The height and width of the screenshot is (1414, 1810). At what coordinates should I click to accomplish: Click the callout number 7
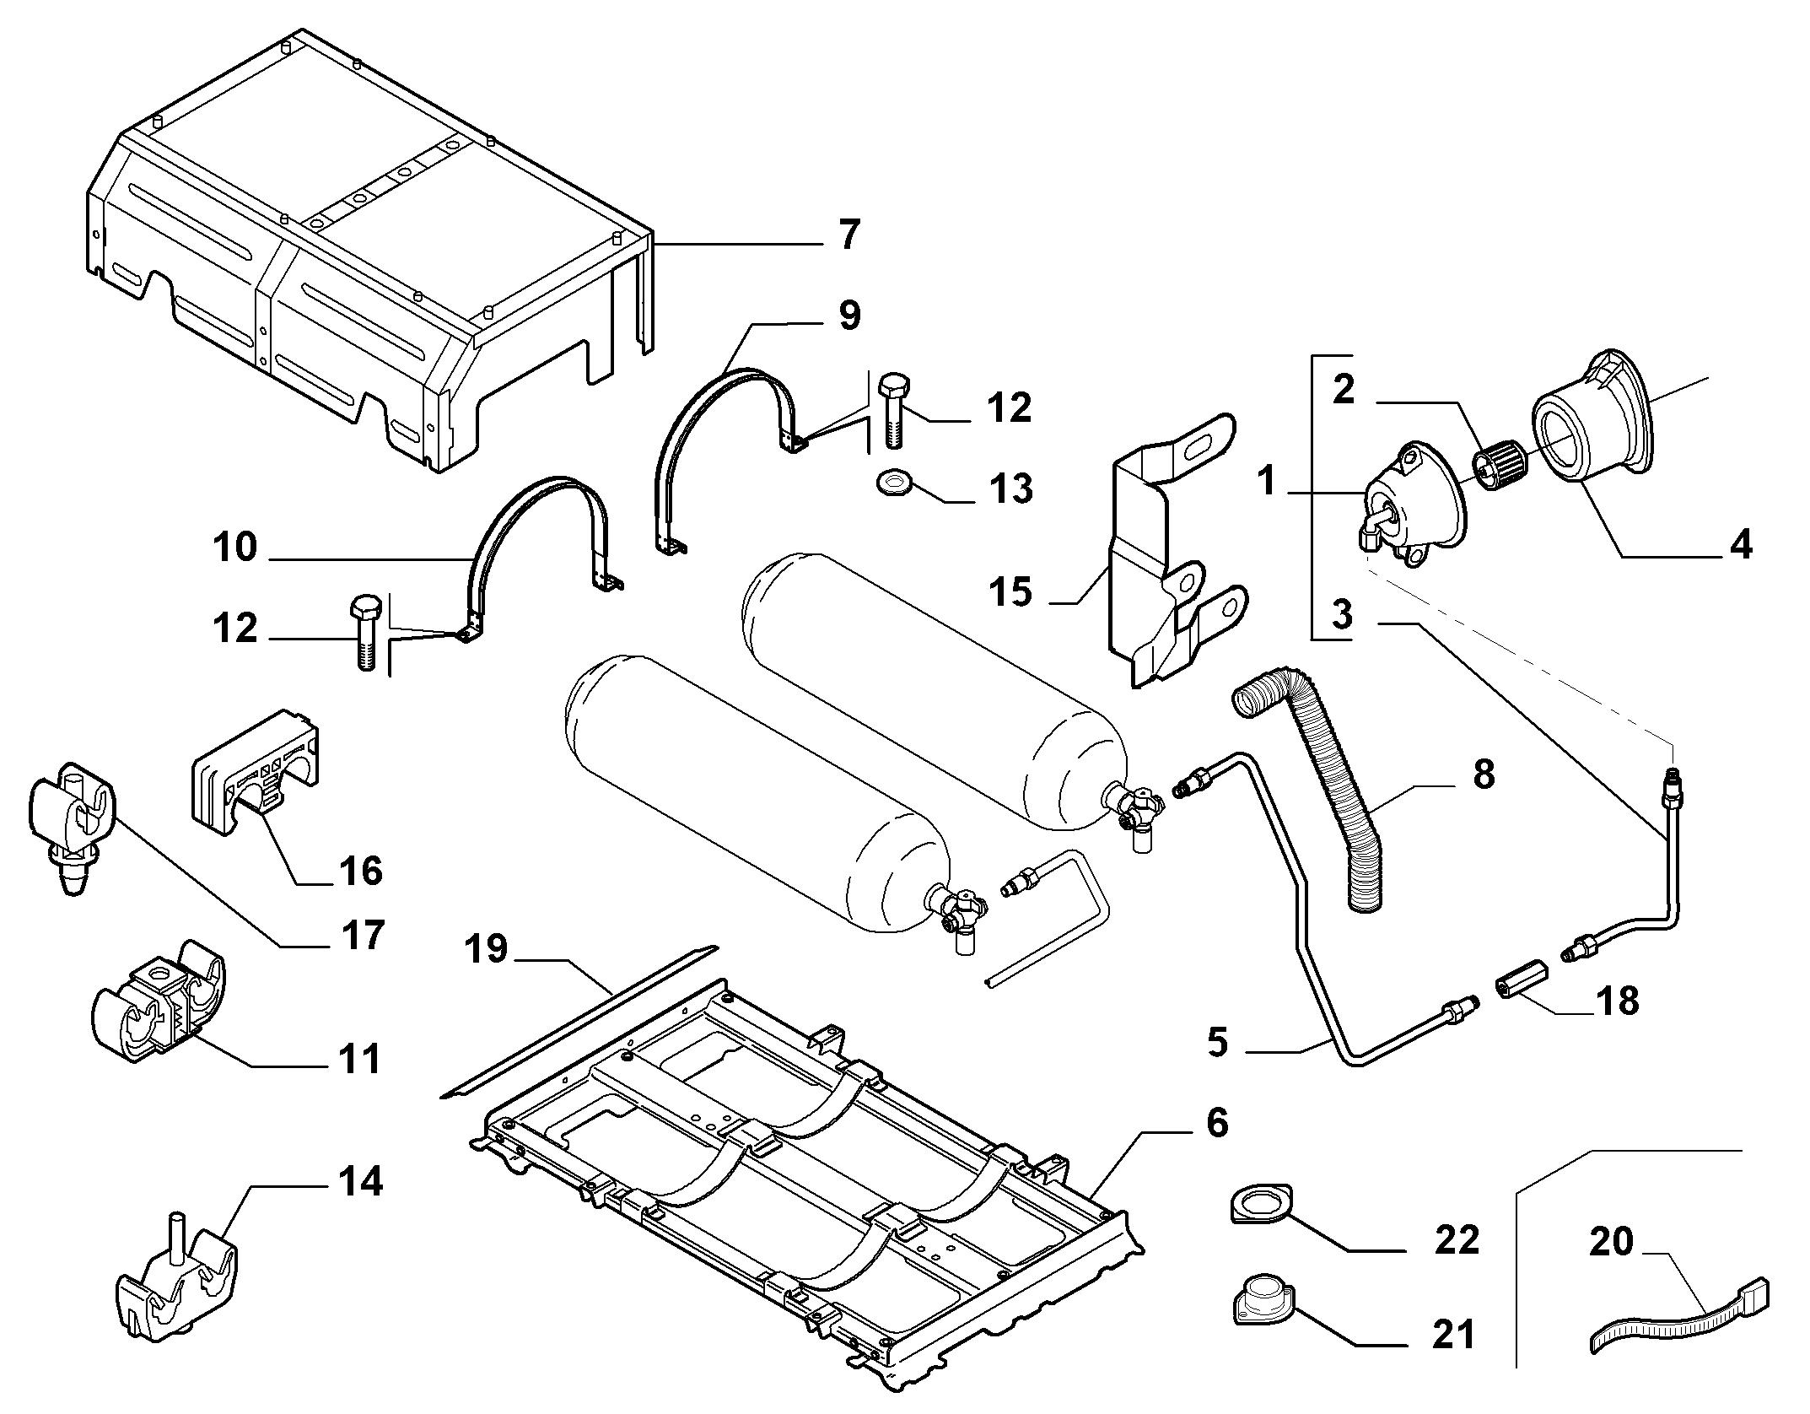click(849, 235)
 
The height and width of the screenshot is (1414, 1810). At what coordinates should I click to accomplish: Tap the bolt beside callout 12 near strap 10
click(365, 631)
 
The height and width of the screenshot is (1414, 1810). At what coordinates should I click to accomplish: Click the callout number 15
click(1012, 591)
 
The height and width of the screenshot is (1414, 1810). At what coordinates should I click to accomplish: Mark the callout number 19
click(487, 948)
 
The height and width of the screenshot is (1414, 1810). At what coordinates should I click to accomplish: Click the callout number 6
click(1217, 1123)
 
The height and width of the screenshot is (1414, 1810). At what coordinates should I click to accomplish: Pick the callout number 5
click(1218, 1043)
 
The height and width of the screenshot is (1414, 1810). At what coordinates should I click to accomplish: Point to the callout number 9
click(849, 316)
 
